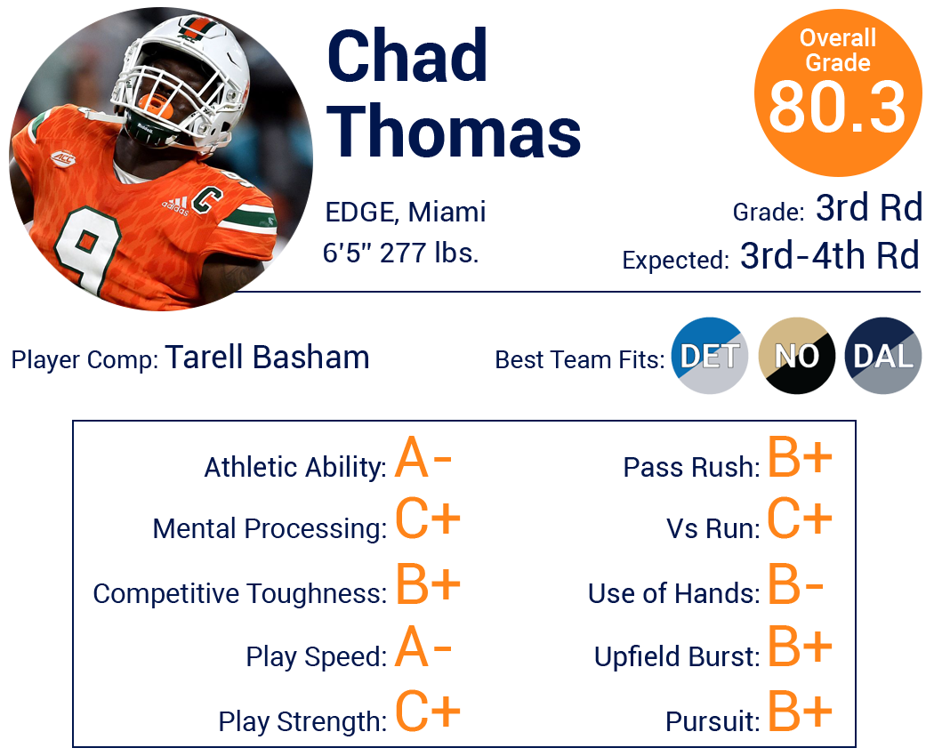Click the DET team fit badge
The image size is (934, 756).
pos(710,356)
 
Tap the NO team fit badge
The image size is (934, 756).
pos(796,356)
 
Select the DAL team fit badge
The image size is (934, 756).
pos(883,356)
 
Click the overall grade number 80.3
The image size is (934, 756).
pos(837,108)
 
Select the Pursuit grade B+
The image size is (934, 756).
pos(800,710)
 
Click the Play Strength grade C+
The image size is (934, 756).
pos(428,711)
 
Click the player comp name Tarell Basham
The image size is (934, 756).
pos(268,358)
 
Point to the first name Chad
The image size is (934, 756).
pos(407,56)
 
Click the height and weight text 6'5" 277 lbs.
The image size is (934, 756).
pos(401,253)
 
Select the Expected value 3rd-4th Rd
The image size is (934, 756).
pos(830,255)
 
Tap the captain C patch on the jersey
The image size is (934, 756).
pos(206,200)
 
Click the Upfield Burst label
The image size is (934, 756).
pos(677,656)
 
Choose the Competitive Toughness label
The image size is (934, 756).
pos(240,593)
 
